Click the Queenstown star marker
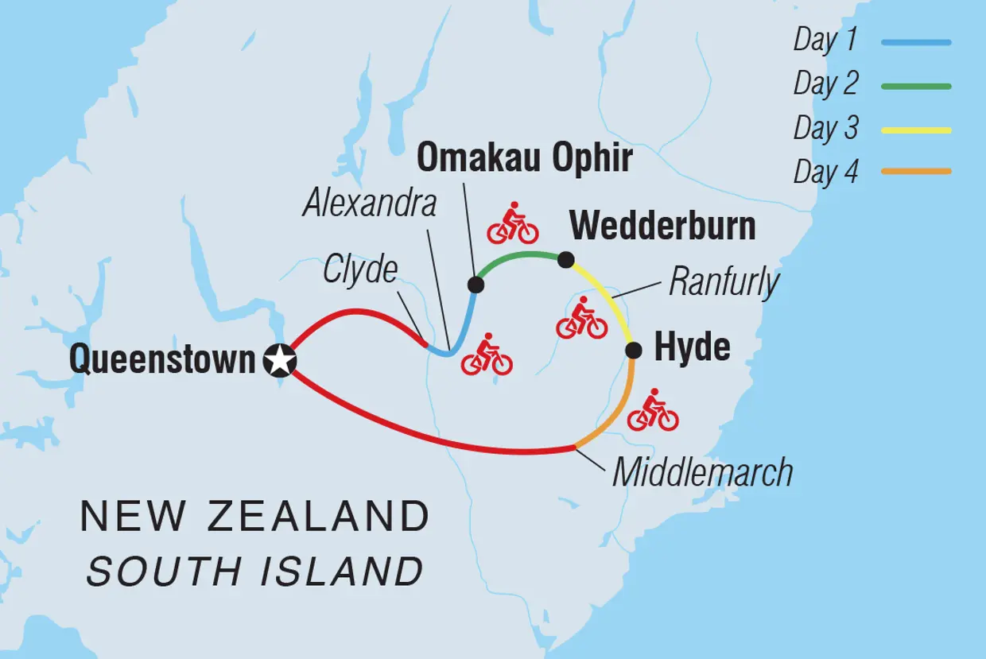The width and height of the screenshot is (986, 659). tap(279, 361)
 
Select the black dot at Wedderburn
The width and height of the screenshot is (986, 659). tap(565, 259)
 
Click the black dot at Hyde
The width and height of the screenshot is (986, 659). tap(634, 350)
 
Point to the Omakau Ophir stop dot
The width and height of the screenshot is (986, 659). tap(476, 285)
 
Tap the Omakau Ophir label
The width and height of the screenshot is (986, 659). tap(525, 158)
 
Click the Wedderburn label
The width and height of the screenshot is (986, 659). tap(662, 227)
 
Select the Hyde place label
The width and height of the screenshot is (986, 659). tap(692, 348)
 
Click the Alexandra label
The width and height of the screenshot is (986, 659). tap(370, 204)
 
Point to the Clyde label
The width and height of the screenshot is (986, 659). tap(360, 270)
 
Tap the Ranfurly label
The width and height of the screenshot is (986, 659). tap(724, 281)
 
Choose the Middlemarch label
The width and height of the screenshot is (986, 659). tap(703, 472)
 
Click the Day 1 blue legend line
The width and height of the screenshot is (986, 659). tap(916, 42)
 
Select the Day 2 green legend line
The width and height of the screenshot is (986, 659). tap(916, 86)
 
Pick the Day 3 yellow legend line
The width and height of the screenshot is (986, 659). tap(916, 129)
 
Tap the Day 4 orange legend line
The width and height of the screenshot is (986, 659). tap(916, 171)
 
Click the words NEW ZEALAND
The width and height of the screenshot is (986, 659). tap(254, 518)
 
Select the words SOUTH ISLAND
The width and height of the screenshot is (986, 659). tap(254, 571)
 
